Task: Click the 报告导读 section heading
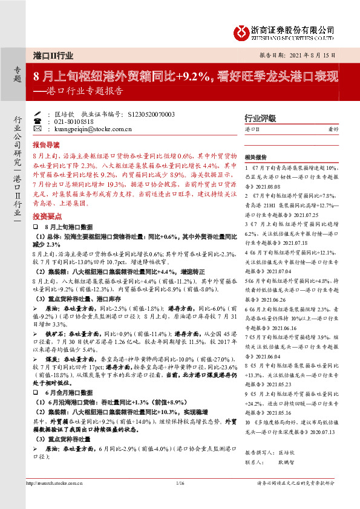click(x=47, y=145)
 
